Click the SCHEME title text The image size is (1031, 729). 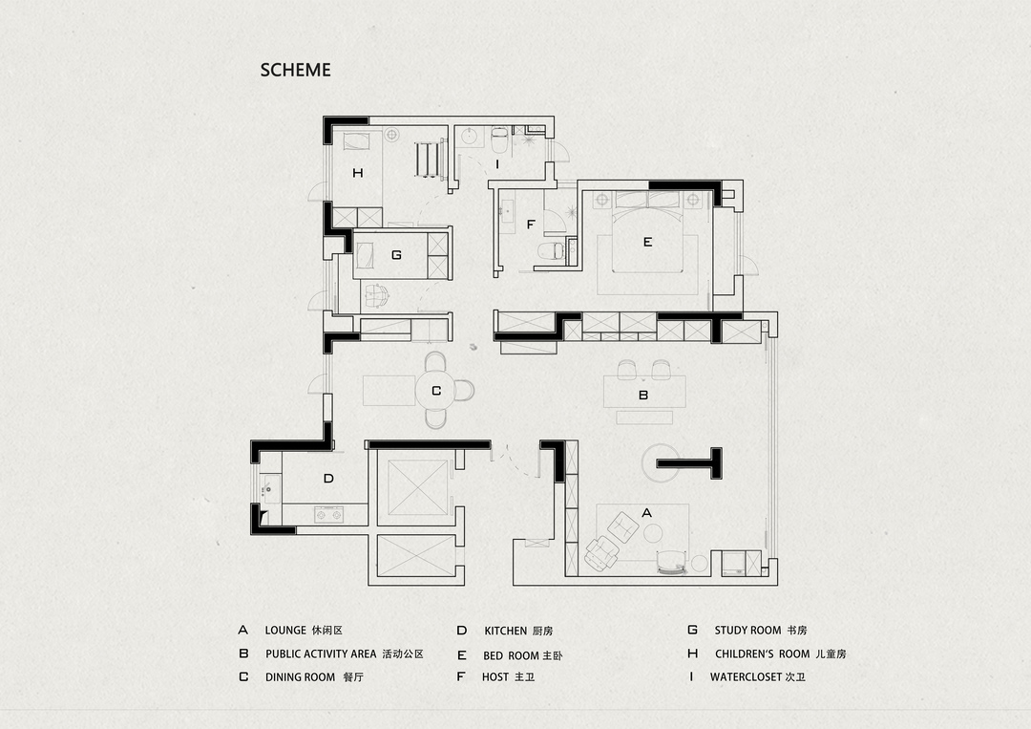(295, 70)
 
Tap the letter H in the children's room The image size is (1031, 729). (358, 173)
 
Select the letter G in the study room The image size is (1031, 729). (396, 254)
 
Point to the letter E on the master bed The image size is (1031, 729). (647, 242)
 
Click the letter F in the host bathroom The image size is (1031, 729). (531, 225)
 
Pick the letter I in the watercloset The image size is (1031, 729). (497, 163)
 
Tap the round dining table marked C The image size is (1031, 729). (436, 391)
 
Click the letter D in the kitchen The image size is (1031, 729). (328, 479)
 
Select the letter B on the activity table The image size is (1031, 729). (643, 395)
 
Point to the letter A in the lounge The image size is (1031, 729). (646, 512)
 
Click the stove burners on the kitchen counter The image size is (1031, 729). (328, 514)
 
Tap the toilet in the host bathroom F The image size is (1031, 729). (551, 250)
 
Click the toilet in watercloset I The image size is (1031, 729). (499, 138)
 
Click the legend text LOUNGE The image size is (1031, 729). (285, 631)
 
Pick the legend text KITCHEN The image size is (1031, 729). (506, 631)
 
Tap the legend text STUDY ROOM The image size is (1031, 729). (747, 631)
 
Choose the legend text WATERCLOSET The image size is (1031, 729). (746, 676)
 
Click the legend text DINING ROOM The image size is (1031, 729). (300, 677)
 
